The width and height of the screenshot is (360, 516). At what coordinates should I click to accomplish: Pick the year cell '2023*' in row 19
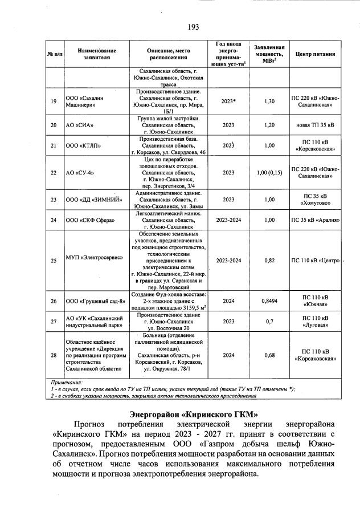tap(229, 101)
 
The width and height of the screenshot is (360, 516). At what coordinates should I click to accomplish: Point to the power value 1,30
tap(269, 101)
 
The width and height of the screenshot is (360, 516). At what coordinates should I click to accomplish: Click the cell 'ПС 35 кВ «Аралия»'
tap(315, 220)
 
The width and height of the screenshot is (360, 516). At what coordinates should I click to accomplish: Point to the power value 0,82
tap(269, 260)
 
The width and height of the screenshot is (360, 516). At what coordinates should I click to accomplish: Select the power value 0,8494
tap(269, 300)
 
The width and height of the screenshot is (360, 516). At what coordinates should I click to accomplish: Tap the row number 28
tap(54, 356)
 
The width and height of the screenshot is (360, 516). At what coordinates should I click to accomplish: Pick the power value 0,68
tap(269, 356)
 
